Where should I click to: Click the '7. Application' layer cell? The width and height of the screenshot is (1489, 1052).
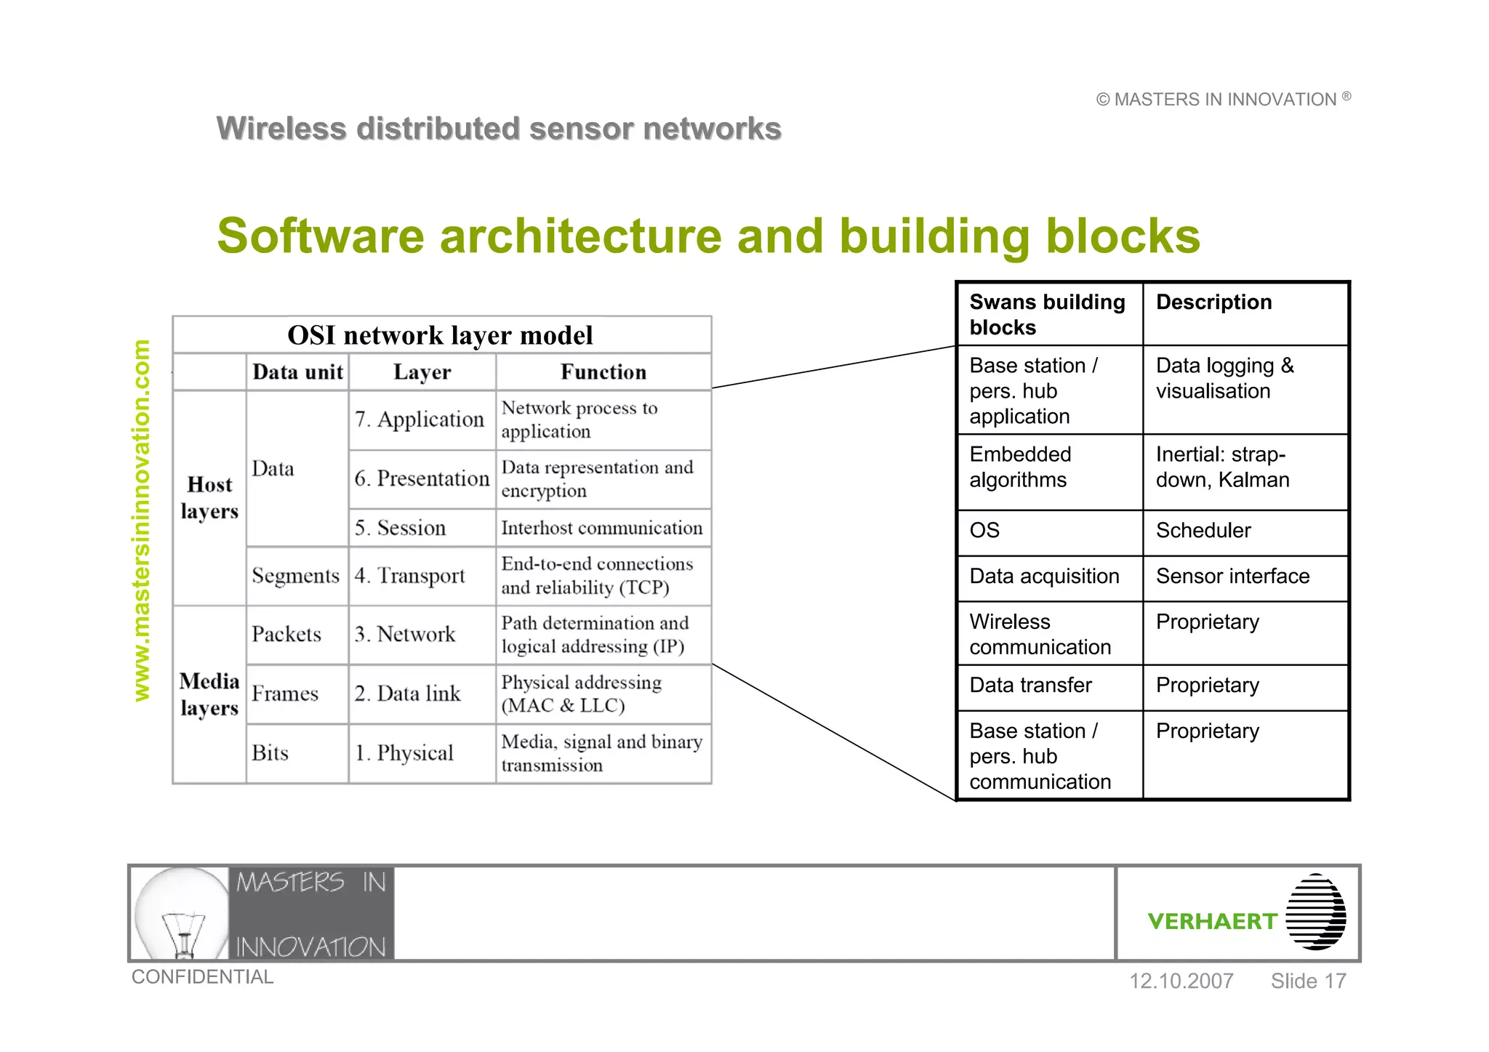tap(420, 419)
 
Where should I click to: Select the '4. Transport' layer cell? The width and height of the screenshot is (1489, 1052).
tap(410, 576)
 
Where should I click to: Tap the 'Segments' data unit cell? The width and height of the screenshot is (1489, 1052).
tap(296, 576)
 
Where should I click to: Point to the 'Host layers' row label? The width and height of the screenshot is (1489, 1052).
tap(209, 498)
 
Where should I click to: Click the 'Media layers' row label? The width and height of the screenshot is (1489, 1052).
tap(209, 694)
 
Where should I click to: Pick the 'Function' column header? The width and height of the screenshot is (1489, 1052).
tap(603, 372)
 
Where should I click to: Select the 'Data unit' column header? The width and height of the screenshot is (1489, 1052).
tap(297, 372)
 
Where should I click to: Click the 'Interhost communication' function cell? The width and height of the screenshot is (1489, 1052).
tap(602, 528)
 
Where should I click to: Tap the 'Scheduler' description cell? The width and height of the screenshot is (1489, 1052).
tap(1203, 531)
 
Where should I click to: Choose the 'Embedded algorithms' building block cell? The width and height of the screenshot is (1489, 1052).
tap(1020, 467)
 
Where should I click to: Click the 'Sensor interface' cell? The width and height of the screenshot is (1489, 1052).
tap(1232, 577)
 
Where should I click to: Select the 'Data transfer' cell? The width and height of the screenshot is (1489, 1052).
tap(1030, 686)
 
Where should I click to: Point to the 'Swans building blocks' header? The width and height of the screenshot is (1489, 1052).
tap(1046, 314)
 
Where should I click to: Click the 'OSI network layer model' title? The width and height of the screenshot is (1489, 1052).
tap(441, 335)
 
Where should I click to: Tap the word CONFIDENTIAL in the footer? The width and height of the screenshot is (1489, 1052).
tap(202, 977)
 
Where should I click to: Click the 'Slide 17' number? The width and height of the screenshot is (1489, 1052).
tap(1308, 981)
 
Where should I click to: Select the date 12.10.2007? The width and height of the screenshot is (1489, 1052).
tap(1181, 981)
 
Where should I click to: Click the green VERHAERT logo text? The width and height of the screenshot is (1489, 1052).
tap(1212, 922)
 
